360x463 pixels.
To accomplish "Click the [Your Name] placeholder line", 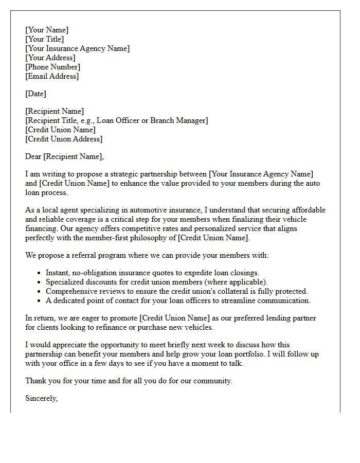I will (x=46, y=30).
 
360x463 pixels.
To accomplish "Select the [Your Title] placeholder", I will (x=44, y=39).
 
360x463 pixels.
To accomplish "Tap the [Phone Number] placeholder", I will (x=52, y=67).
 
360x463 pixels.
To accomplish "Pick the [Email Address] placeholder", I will (x=52, y=76).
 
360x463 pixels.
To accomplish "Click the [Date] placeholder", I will (x=35, y=94).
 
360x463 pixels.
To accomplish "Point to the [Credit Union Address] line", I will (x=64, y=139).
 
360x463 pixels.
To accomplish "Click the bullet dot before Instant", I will (x=40, y=273).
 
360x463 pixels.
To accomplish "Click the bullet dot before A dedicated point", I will (x=40, y=301).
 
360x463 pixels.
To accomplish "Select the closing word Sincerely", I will (x=41, y=398).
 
